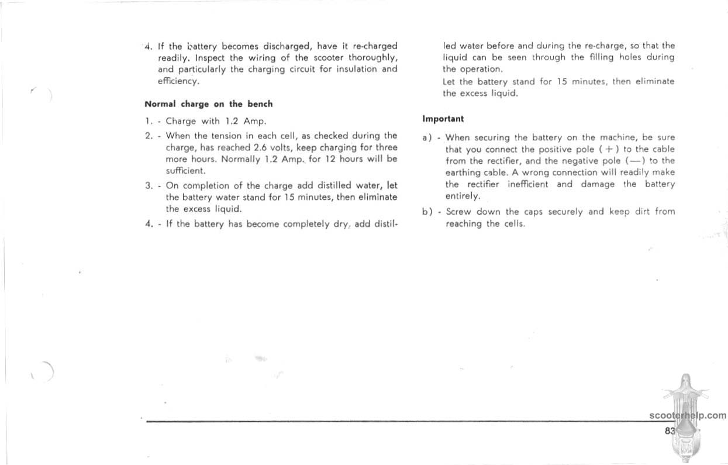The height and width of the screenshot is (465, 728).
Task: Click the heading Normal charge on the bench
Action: coord(208,105)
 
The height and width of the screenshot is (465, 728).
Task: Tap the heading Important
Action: coord(443,119)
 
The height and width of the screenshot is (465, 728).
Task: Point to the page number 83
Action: coord(670,430)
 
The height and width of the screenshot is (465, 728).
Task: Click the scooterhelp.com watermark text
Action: coord(688,416)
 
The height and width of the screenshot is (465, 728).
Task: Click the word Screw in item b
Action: coord(458,212)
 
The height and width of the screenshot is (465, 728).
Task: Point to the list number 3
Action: coord(149,186)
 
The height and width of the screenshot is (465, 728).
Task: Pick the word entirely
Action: coord(462,196)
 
